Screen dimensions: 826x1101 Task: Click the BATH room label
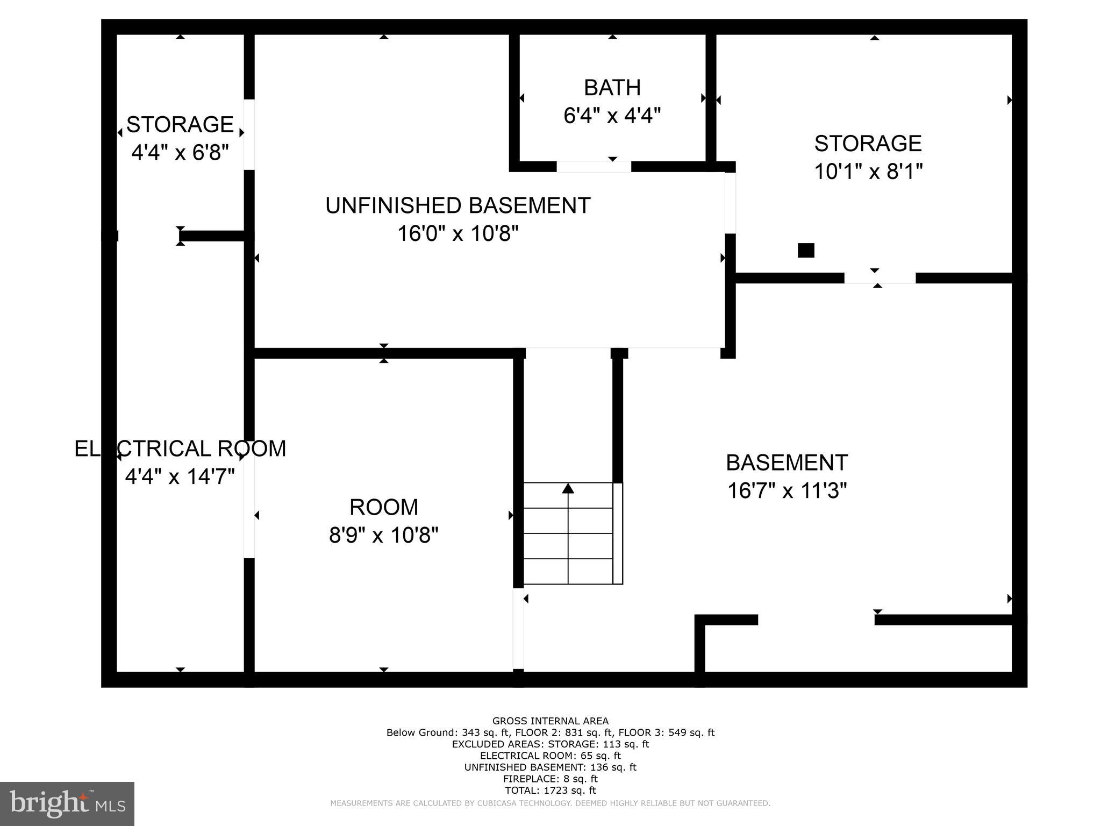(x=612, y=88)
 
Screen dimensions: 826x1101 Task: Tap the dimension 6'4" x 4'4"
(x=612, y=116)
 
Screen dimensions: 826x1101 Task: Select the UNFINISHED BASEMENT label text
(x=457, y=206)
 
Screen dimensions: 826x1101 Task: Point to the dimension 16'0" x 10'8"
(x=457, y=234)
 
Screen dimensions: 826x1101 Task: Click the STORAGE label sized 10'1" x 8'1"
(x=868, y=144)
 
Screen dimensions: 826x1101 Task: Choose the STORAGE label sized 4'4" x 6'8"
(x=180, y=125)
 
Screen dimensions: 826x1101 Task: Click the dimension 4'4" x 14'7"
(x=180, y=476)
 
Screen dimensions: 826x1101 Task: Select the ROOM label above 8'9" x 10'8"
(x=383, y=507)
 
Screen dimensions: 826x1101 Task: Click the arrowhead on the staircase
(x=568, y=488)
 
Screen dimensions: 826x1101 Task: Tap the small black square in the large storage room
(x=805, y=251)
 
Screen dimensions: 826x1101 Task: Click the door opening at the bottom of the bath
(x=594, y=167)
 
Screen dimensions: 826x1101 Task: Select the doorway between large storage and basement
(x=880, y=278)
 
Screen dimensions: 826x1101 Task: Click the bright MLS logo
(x=67, y=803)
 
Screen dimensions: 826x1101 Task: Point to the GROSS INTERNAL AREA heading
(x=550, y=721)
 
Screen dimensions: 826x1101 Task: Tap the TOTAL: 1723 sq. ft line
(x=550, y=791)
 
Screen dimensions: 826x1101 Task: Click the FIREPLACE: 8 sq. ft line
(x=550, y=779)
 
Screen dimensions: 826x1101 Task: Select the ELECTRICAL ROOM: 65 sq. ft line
(x=550, y=756)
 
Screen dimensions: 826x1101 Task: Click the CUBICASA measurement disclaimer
(x=550, y=803)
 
